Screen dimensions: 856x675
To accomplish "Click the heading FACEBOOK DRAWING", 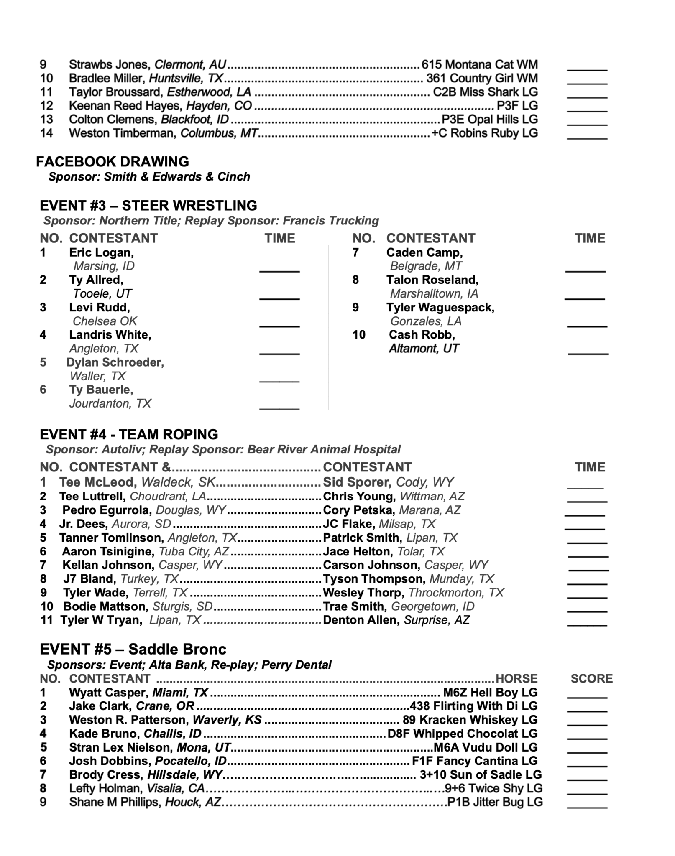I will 112,162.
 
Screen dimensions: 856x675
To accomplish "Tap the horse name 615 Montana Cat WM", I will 479,65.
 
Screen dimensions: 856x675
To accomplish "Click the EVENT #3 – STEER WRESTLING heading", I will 148,206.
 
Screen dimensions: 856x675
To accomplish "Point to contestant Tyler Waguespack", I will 440,308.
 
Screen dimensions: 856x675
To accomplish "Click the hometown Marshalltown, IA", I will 434,293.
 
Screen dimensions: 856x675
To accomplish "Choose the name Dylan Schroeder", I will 115,362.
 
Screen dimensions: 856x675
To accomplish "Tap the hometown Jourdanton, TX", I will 110,403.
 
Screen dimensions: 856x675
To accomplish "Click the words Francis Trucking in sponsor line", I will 330,221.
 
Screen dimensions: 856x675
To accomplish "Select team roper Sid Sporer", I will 357,482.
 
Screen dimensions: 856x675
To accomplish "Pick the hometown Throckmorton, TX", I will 456,593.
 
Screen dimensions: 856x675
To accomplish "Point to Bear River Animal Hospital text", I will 324,450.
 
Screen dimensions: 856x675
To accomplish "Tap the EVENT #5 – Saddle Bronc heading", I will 133,649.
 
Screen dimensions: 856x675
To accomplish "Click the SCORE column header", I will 591,678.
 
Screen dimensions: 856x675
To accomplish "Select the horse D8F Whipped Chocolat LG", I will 462,734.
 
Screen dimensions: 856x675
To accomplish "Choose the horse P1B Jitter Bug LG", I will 495,802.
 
